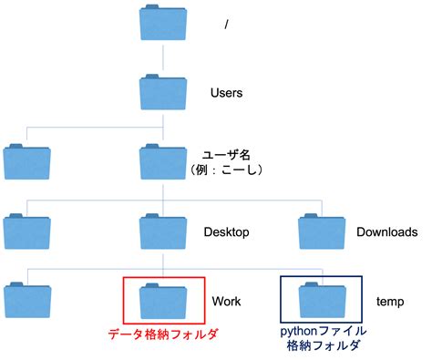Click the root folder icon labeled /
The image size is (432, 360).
coord(163,24)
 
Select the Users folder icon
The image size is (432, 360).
coord(163,92)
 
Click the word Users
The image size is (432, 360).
coord(227,93)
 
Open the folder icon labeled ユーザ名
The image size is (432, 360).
coord(163,160)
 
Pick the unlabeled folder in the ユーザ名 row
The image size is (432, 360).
coord(26,161)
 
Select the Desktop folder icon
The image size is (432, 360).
coord(163,231)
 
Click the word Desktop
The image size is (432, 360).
coord(233,231)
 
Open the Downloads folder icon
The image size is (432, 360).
coord(323,231)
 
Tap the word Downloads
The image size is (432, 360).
coord(387,231)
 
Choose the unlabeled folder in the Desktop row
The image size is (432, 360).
coord(26,231)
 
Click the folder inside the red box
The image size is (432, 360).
coord(164,300)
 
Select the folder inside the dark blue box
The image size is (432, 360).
coord(323,300)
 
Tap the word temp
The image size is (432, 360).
coord(389,301)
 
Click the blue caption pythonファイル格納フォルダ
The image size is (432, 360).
coord(323,339)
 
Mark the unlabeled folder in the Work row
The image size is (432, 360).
coord(26,300)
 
